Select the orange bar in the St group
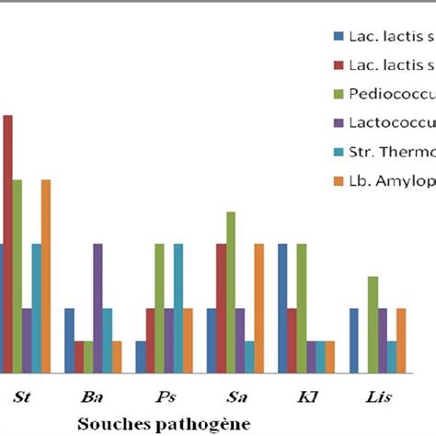[46, 276]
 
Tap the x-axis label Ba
[92, 397]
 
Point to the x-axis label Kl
[306, 397]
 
